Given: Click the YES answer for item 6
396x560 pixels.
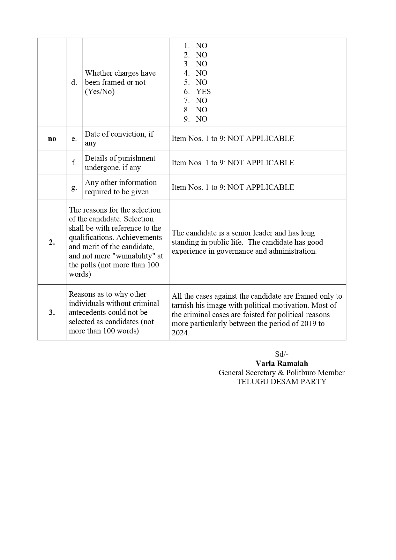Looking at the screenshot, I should tap(203, 92).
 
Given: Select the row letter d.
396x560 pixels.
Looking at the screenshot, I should tap(74, 82).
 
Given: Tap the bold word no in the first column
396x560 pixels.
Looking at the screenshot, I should tap(52, 138).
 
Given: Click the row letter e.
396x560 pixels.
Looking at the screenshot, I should tap(74, 138).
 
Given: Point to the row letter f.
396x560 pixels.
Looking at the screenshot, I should tap(74, 163).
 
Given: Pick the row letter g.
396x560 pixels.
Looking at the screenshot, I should tap(74, 187).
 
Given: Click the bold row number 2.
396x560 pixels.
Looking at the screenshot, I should tap(52, 242).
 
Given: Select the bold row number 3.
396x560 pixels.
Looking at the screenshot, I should tap(52, 312).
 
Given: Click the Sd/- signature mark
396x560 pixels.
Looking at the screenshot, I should tap(282, 354).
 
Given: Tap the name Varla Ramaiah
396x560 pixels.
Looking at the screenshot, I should tap(282, 363).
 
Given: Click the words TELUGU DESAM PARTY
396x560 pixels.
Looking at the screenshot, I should tap(282, 382).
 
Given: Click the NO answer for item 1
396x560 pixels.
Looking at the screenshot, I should tap(201, 46).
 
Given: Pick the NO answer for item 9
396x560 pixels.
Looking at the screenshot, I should tap(201, 119).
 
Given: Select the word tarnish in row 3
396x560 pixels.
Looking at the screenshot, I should tap(183, 305).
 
